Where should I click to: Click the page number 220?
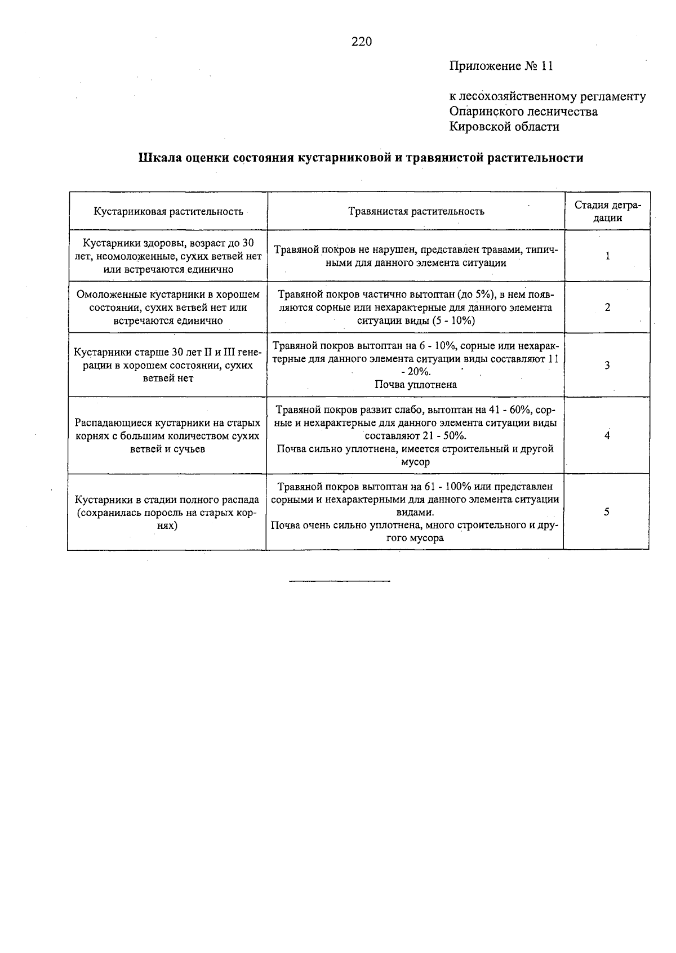click(362, 42)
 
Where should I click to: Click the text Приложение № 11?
click(501, 66)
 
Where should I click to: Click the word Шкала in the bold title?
click(160, 158)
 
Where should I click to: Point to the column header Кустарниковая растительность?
click(168, 212)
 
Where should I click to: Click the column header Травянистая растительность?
click(416, 212)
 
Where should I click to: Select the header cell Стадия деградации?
click(607, 211)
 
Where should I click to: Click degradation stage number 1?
click(607, 256)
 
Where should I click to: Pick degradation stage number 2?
click(607, 308)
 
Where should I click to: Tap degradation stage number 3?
click(607, 366)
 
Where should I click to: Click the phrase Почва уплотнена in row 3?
click(416, 385)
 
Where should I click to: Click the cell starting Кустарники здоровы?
click(168, 256)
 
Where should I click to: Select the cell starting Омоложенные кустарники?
click(168, 308)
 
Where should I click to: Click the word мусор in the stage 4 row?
click(415, 462)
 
